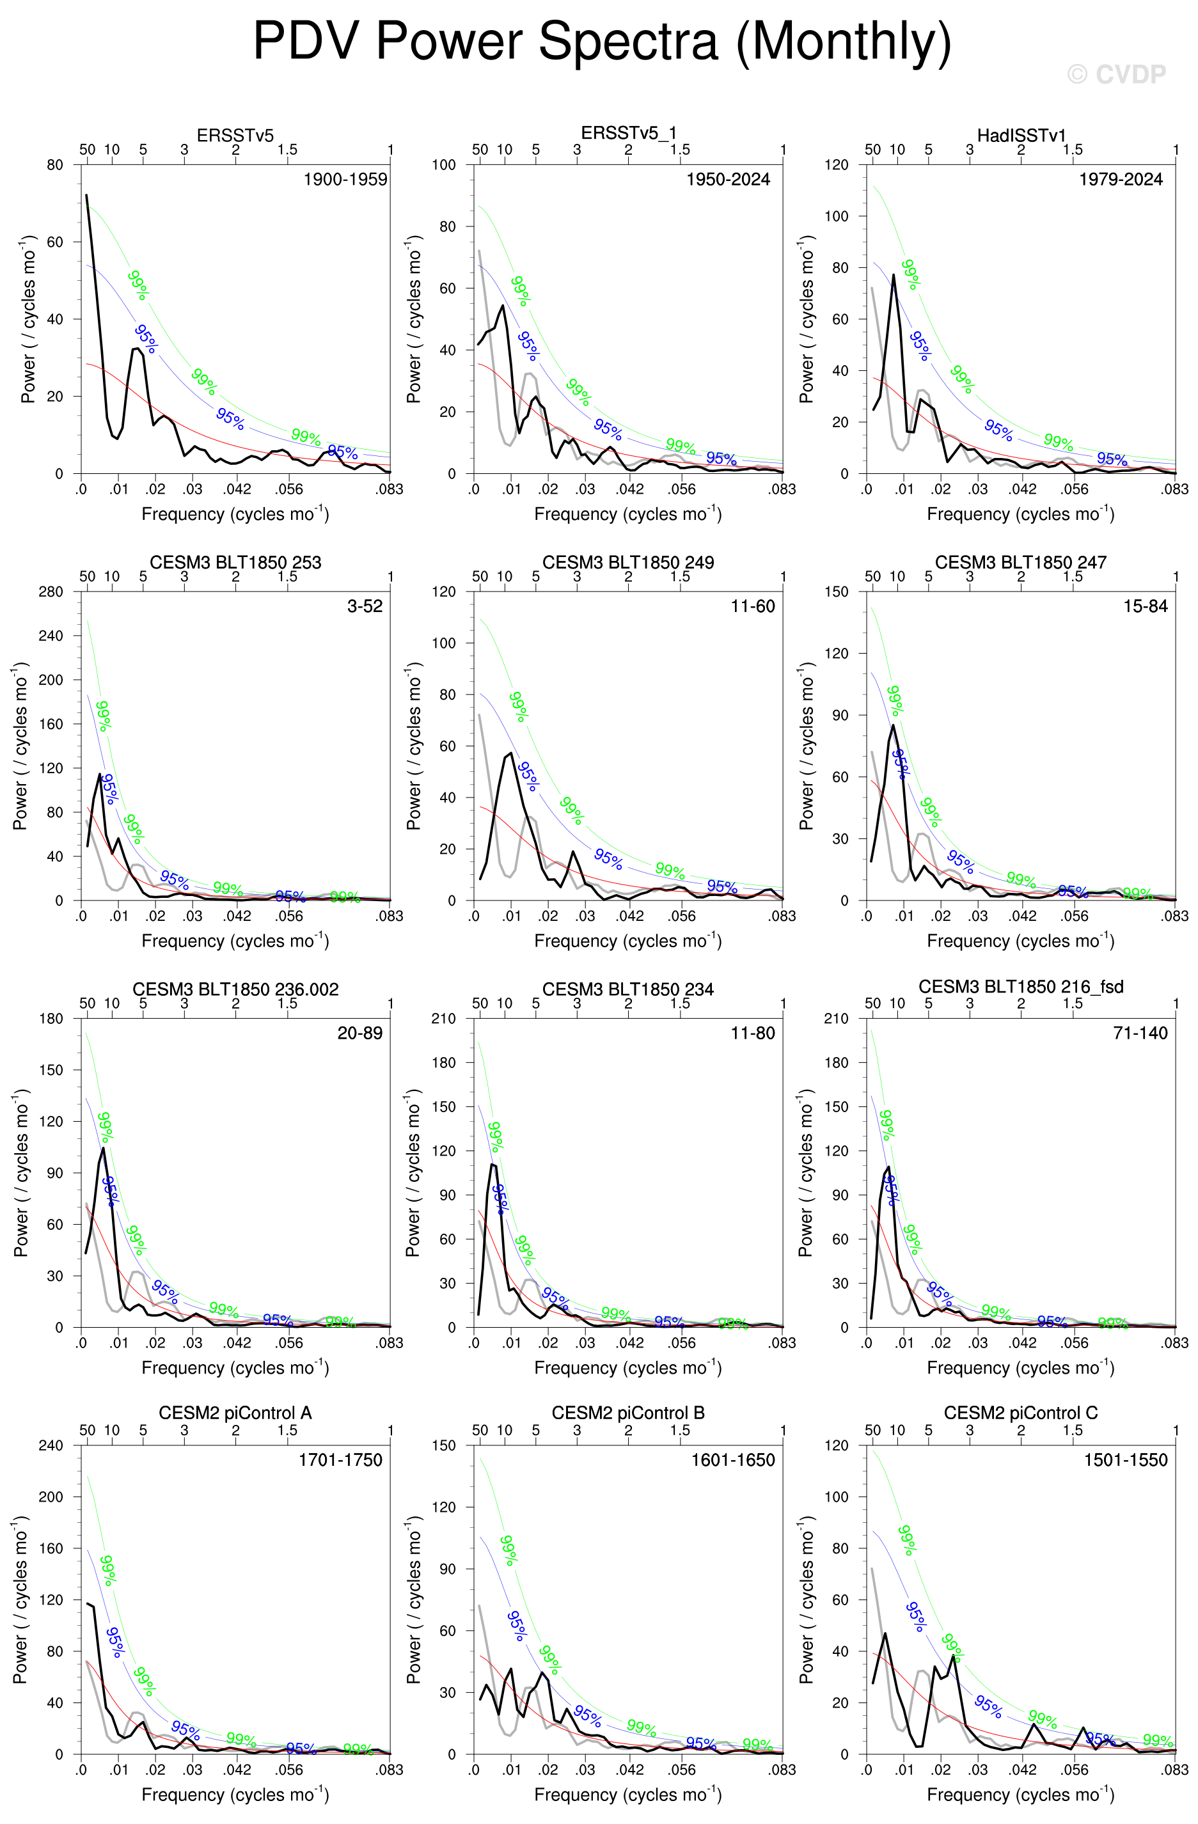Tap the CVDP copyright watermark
pyautogui.click(x=1116, y=74)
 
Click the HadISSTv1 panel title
pyautogui.click(x=1021, y=136)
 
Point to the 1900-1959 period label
pyautogui.click(x=345, y=179)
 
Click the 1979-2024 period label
pyautogui.click(x=1121, y=179)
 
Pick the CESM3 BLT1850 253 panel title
pyautogui.click(x=235, y=563)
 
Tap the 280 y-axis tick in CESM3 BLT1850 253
pyautogui.click(x=51, y=592)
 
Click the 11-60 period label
pyautogui.click(x=753, y=606)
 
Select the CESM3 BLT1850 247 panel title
pyautogui.click(x=1021, y=563)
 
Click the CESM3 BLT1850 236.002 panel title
pyautogui.click(x=235, y=989)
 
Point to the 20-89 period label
pyautogui.click(x=359, y=1033)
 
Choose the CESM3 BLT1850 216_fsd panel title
pyautogui.click(x=1021, y=987)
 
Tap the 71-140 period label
pyautogui.click(x=1140, y=1033)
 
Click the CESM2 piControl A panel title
pyautogui.click(x=235, y=1413)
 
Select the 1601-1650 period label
pyautogui.click(x=733, y=1460)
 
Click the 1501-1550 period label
pyautogui.click(x=1125, y=1460)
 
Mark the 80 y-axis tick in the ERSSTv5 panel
pyautogui.click(x=55, y=165)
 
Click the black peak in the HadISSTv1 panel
pyautogui.click(x=893, y=275)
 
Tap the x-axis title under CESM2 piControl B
pyautogui.click(x=627, y=1794)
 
